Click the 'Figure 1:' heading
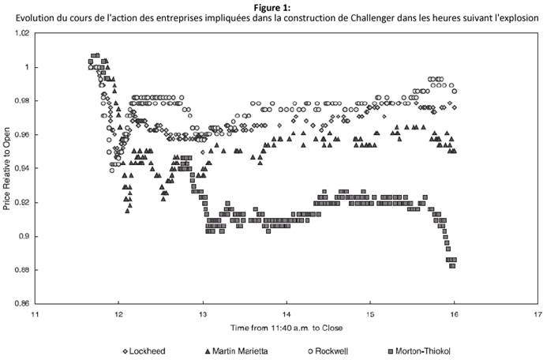[273, 7]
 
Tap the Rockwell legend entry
[321, 351]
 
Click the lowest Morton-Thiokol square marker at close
[453, 266]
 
